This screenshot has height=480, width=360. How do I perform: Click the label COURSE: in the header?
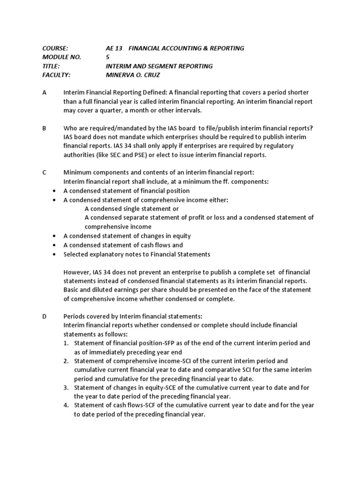[x=55, y=48]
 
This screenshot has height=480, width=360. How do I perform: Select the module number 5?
[x=108, y=57]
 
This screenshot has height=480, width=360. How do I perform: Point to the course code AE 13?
[x=114, y=48]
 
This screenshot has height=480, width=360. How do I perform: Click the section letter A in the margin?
[x=45, y=93]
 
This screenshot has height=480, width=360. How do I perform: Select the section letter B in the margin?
[x=45, y=128]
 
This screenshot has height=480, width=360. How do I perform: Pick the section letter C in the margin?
[x=45, y=173]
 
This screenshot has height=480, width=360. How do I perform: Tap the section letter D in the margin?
[x=45, y=316]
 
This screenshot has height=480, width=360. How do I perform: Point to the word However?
[x=78, y=272]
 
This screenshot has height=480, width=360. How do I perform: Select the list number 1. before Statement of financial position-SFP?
[x=66, y=343]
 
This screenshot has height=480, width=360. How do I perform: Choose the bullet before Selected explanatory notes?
[x=55, y=255]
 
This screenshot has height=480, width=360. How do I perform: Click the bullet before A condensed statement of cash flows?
[x=55, y=245]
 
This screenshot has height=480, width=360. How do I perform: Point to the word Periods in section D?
[x=75, y=316]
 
